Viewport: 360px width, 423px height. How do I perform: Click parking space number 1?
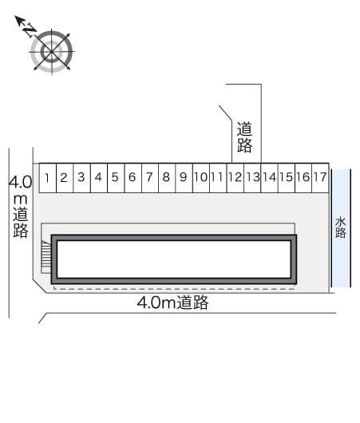(48, 177)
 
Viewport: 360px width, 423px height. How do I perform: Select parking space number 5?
(115, 177)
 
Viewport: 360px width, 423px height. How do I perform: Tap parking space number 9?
(183, 177)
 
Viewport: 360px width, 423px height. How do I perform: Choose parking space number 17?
(319, 177)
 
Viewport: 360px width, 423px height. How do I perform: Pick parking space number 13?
(251, 177)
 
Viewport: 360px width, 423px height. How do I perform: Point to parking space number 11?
(217, 177)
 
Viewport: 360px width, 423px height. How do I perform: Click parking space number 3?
(81, 177)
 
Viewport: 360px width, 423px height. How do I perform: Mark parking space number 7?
(148, 177)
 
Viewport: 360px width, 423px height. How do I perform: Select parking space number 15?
(286, 177)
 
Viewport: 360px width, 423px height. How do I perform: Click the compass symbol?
(52, 52)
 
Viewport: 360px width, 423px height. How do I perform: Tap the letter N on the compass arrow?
(29, 30)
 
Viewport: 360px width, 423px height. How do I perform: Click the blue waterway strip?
(341, 255)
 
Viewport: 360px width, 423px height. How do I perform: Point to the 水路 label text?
(341, 227)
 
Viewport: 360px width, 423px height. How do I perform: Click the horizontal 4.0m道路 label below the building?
(172, 302)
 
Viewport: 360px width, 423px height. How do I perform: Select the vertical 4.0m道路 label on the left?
(20, 207)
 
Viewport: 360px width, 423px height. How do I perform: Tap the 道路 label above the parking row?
(244, 136)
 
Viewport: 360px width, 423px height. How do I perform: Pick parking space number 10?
(200, 177)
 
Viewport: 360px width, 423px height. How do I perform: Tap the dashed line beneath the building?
(173, 287)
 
